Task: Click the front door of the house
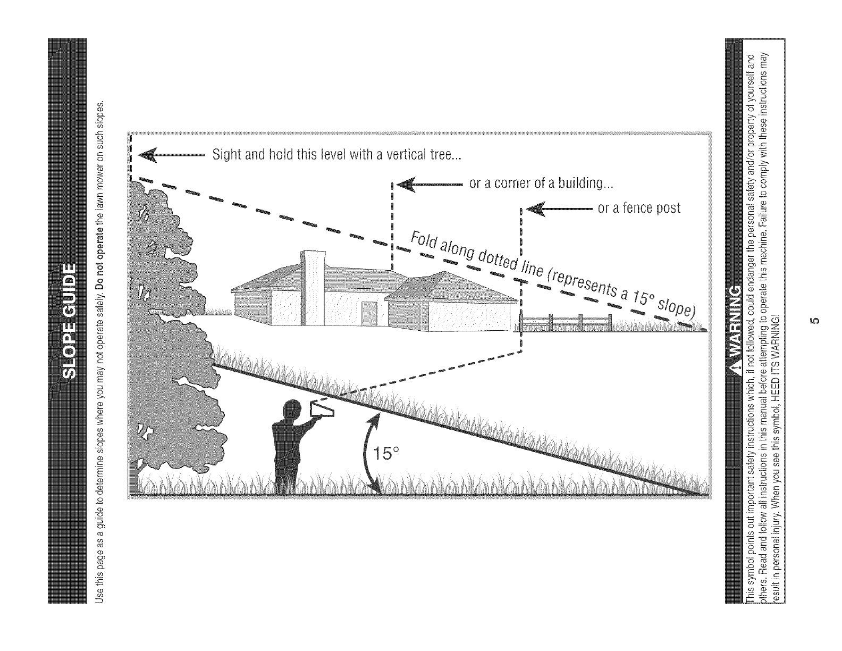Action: point(367,313)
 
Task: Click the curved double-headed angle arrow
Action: point(368,452)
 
